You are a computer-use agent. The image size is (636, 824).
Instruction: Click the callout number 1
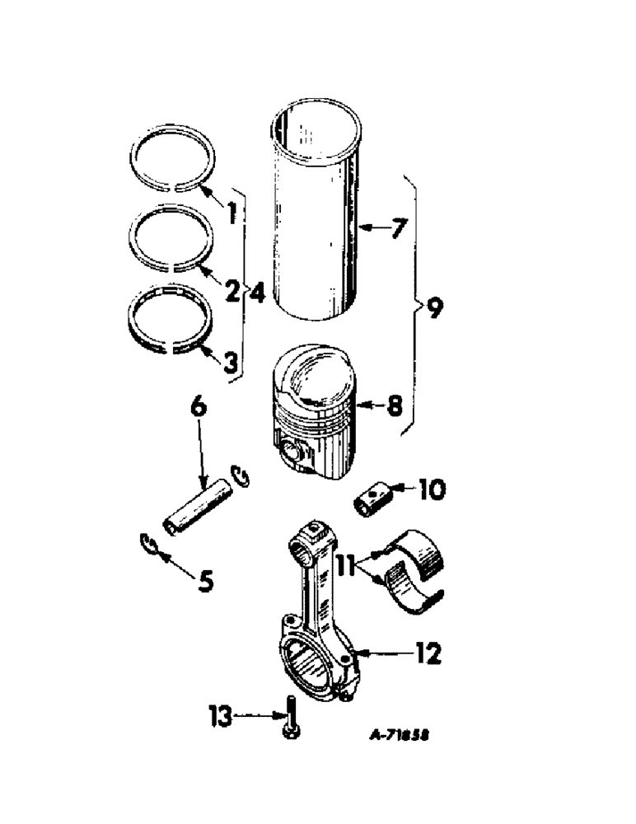point(232,213)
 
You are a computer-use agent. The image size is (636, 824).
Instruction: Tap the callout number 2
point(232,289)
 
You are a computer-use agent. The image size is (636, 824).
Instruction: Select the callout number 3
point(232,360)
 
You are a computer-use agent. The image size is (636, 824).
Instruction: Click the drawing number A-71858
point(399,733)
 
